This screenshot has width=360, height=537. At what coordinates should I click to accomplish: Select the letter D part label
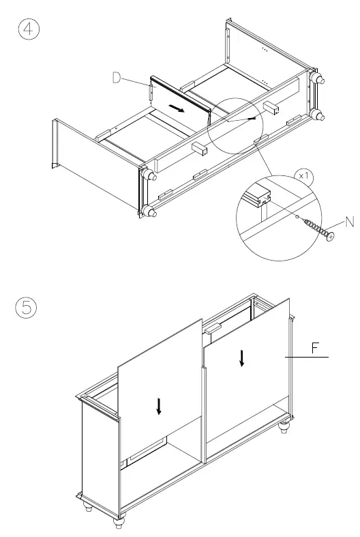tap(117, 79)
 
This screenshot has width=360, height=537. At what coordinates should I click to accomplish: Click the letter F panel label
tap(316, 348)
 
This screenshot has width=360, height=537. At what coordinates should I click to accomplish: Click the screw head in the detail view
tap(331, 236)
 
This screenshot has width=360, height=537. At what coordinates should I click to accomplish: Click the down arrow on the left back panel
tap(159, 407)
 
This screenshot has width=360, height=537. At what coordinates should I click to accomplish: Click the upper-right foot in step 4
tap(317, 78)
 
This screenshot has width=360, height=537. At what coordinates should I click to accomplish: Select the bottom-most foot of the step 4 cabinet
tap(149, 212)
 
